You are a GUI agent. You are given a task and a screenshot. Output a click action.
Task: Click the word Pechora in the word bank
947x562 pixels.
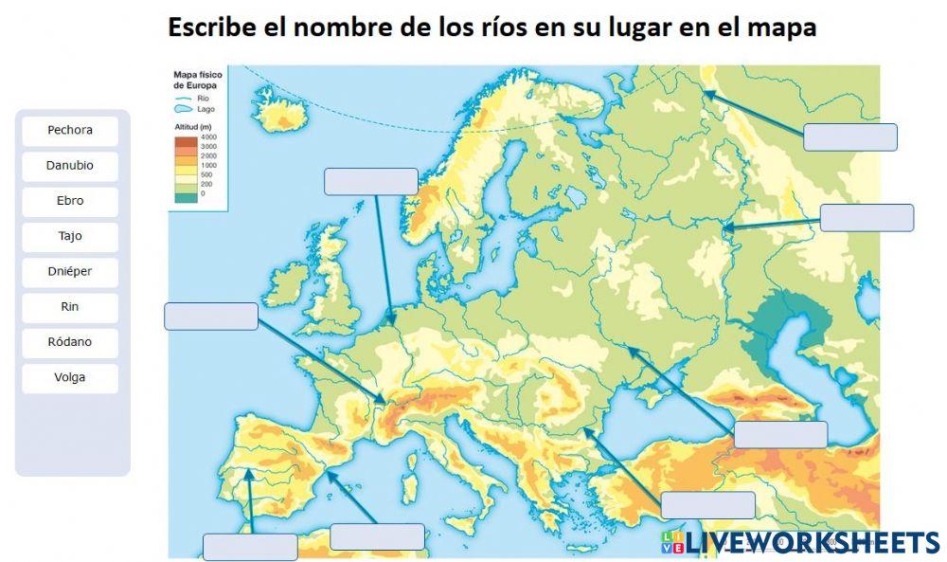70,131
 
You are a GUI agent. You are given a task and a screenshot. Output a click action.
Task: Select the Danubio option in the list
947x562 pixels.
70,166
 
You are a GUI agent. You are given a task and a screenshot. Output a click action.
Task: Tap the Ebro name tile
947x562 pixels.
70,201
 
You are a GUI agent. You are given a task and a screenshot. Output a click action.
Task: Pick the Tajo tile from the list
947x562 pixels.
70,236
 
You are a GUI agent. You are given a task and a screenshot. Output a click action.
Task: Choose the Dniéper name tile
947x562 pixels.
70,272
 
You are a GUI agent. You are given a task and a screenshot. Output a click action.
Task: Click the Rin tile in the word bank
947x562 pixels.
70,307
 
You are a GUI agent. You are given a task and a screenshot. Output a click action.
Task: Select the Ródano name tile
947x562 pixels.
70,342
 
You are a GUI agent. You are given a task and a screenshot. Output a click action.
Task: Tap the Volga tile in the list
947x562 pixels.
70,377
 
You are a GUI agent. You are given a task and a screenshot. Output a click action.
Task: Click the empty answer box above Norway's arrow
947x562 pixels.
370,181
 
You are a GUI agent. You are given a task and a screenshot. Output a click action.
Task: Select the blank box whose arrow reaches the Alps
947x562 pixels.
210,316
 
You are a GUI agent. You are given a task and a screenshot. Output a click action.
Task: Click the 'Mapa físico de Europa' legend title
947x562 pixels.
196,79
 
